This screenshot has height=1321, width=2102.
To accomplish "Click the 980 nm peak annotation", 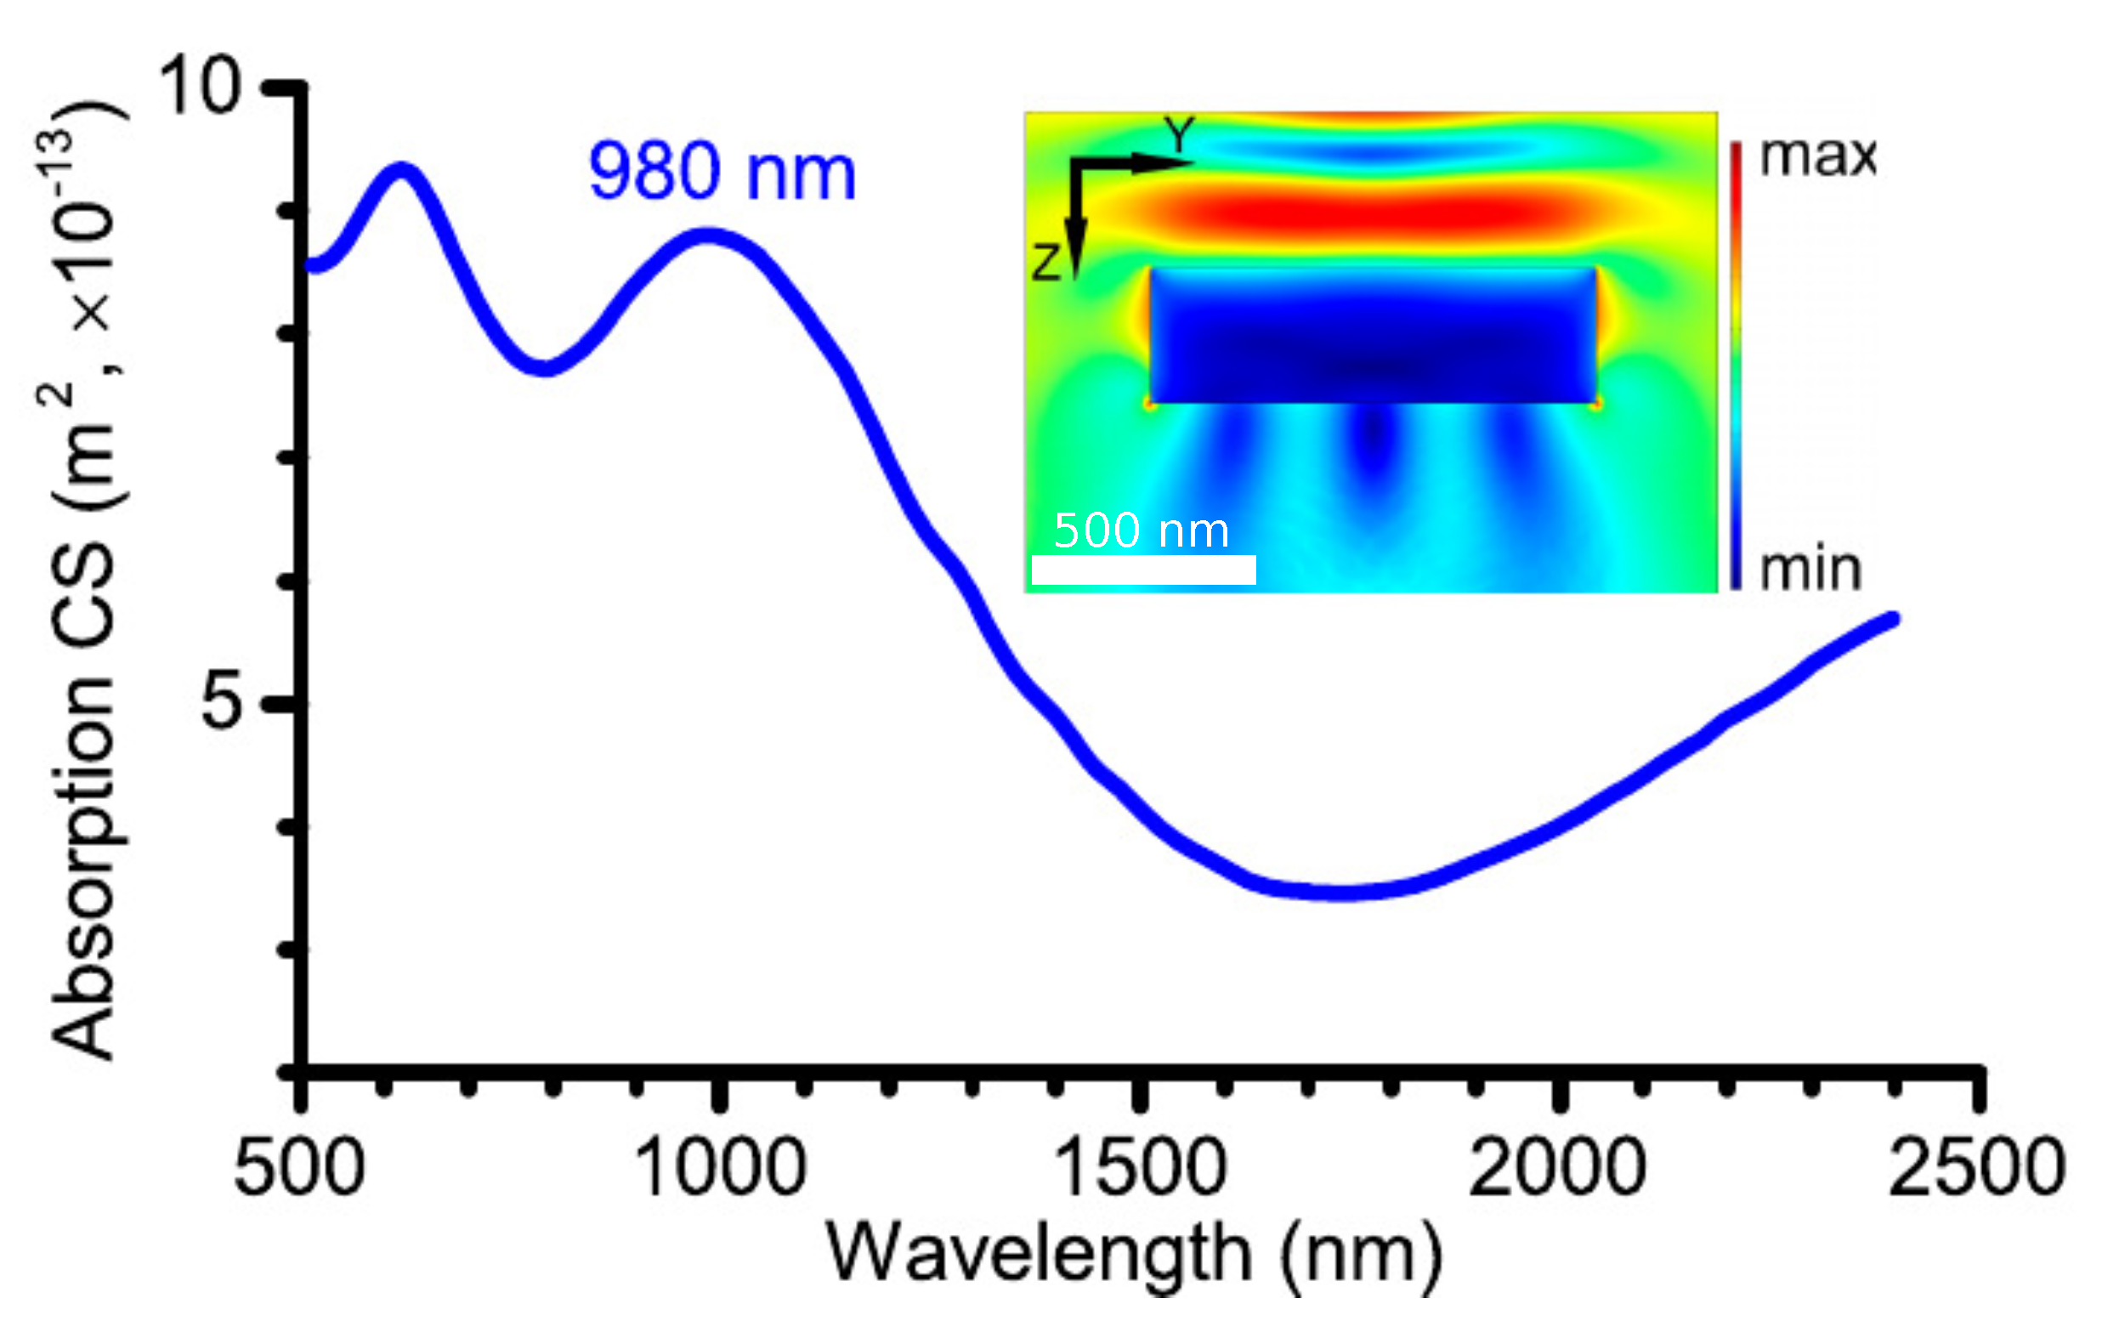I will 722,172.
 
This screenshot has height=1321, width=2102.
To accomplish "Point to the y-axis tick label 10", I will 199,87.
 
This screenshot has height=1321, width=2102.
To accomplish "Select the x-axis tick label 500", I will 299,1168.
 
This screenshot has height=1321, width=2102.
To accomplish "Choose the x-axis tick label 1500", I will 1141,1168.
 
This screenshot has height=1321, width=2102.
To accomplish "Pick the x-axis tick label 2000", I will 1558,1168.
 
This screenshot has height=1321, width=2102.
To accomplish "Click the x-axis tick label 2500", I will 1977,1168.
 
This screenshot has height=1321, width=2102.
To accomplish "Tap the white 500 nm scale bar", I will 1143,570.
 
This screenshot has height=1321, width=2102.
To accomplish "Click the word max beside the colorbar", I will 1817,158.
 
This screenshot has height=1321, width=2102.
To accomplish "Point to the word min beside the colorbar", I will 1810,570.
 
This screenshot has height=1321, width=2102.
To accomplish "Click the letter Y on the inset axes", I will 1179,135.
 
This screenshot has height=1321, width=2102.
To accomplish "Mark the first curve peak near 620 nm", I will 401,170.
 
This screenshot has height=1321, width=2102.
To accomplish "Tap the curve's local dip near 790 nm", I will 546,366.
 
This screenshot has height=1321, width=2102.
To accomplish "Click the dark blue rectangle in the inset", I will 1372,336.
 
